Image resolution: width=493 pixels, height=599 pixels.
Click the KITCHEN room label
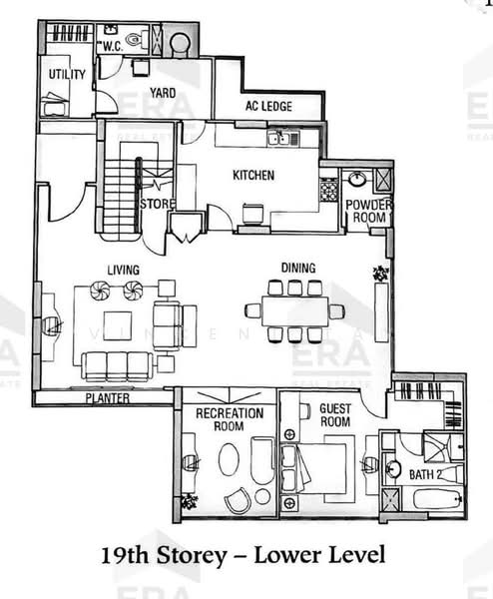[x=253, y=176]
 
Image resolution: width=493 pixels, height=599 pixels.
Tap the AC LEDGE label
[x=266, y=107]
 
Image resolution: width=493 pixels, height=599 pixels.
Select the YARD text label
[x=163, y=93]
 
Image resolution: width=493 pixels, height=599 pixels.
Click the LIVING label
[x=123, y=270]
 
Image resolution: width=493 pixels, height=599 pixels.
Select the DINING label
[x=297, y=268]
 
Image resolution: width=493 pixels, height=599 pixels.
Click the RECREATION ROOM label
[x=229, y=419]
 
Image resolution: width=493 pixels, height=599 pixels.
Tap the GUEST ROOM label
[x=334, y=414]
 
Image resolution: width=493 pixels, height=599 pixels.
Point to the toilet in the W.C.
[x=148, y=41]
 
